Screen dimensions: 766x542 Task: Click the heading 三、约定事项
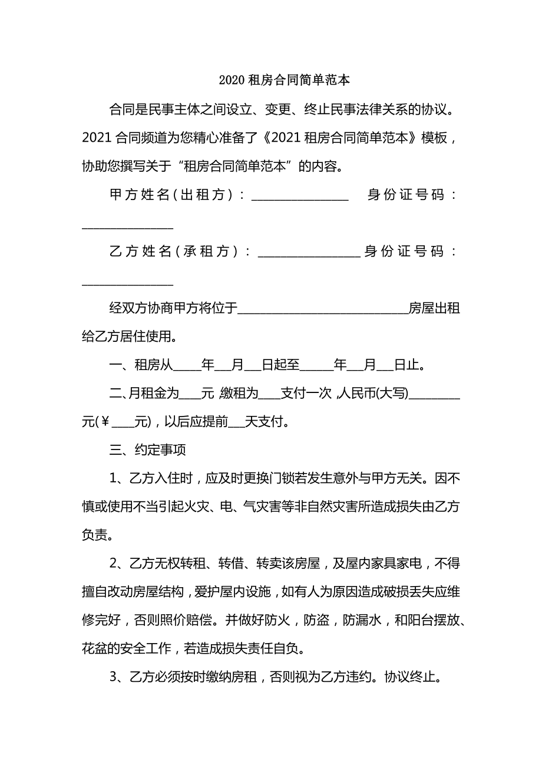tap(148, 450)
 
